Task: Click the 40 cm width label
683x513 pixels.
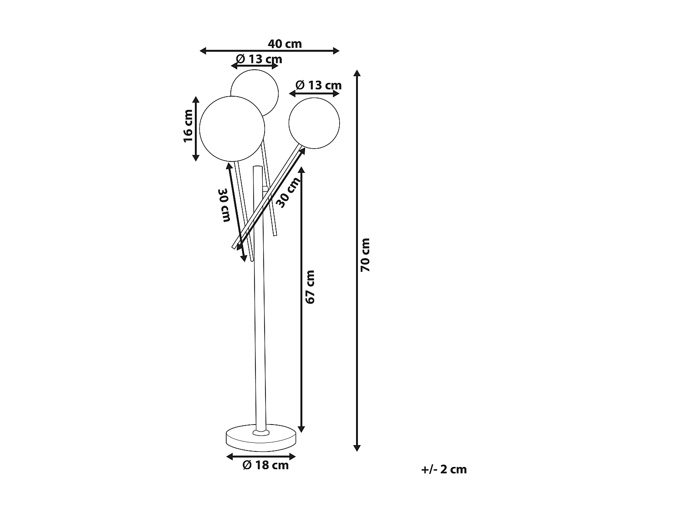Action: (x=285, y=44)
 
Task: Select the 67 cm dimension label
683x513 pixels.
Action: (x=310, y=287)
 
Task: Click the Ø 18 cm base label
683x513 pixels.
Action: (x=266, y=465)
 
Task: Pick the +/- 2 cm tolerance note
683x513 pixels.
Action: (x=444, y=469)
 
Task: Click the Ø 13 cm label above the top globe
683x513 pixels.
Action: (x=259, y=59)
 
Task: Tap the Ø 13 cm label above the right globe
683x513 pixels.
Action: (x=318, y=85)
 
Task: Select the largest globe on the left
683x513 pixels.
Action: (x=232, y=129)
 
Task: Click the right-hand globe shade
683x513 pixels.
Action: (x=314, y=123)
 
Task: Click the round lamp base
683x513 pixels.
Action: (x=261, y=438)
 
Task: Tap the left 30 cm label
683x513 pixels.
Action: (x=224, y=205)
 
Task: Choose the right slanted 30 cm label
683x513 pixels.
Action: (x=289, y=192)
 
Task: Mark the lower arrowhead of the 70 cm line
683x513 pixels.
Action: (x=357, y=448)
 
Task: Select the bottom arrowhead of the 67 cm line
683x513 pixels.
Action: (x=301, y=429)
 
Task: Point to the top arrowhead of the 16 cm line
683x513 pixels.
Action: (x=196, y=100)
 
